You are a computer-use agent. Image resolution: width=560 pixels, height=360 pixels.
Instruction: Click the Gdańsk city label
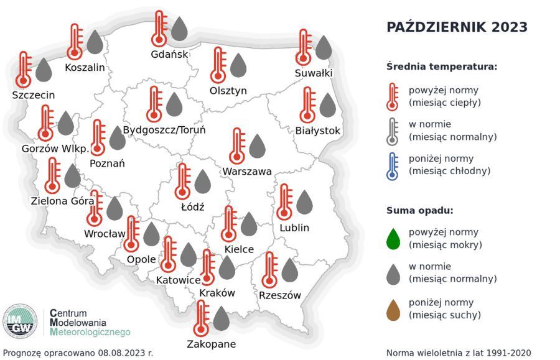click(x=169, y=54)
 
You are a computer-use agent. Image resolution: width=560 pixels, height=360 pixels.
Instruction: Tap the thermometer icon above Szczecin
click(x=24, y=69)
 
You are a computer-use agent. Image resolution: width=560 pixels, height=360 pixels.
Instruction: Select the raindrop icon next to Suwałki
click(x=324, y=47)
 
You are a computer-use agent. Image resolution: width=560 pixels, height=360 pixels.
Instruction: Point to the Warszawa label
click(x=247, y=171)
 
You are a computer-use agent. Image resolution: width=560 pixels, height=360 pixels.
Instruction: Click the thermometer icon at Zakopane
click(x=200, y=318)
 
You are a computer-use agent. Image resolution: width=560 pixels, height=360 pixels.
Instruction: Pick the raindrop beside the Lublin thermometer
click(x=304, y=202)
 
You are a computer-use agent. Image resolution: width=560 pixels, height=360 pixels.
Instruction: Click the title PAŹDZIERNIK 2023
click(x=457, y=27)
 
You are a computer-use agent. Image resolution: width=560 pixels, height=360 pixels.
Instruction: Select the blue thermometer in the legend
click(x=392, y=165)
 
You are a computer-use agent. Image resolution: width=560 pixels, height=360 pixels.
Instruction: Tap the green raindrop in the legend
click(x=393, y=238)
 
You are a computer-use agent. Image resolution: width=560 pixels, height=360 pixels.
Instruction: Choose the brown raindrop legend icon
click(x=393, y=309)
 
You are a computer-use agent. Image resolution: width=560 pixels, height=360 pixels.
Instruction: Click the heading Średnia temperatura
click(x=441, y=67)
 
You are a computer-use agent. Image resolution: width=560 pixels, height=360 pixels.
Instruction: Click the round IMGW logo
click(x=20, y=321)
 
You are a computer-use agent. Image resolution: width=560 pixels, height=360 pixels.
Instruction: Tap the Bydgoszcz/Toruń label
click(x=164, y=130)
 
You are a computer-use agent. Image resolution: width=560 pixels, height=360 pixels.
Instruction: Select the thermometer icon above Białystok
click(x=307, y=104)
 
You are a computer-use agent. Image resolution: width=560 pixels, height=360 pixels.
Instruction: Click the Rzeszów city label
click(x=280, y=295)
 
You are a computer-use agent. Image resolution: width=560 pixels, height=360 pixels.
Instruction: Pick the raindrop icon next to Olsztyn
click(x=238, y=65)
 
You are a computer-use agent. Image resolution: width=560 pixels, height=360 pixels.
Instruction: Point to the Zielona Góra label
click(x=62, y=201)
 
